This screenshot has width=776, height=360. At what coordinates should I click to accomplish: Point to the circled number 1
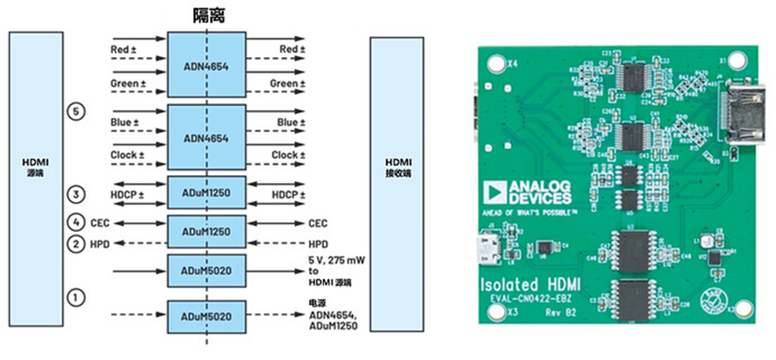point(76,296)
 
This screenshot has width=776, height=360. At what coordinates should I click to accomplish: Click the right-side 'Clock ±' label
point(288,154)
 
